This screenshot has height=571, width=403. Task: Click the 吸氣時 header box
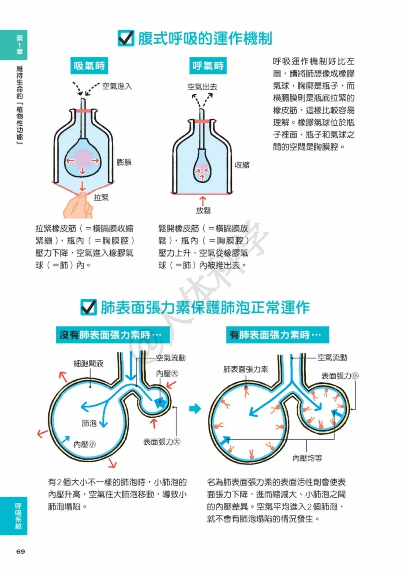pos(89,66)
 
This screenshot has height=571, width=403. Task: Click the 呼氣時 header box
pos(208,66)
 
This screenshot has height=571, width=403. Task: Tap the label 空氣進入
pos(117,86)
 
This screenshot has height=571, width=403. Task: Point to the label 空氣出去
pos(202,87)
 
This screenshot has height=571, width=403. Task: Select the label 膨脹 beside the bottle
pos(124,162)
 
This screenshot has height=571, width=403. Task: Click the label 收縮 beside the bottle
pos(242,165)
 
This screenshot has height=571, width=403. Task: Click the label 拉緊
pos(101,198)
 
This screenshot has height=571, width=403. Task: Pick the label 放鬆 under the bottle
pos(203,211)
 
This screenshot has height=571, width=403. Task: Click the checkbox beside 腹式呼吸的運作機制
pos(126,38)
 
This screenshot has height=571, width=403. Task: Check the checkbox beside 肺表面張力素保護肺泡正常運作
pos(88,307)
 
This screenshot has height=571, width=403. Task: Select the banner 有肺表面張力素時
pos(278,335)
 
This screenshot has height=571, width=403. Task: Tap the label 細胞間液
pos(88,363)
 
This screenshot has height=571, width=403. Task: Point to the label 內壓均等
pos(307,458)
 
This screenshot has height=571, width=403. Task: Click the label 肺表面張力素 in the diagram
pos(246,369)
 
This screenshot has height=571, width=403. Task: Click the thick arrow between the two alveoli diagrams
pos(195,409)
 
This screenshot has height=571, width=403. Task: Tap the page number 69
pos(21,552)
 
